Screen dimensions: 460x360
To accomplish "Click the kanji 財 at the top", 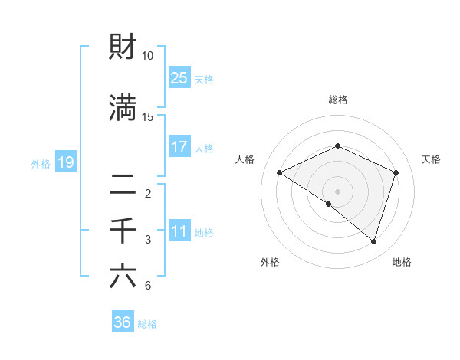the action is point(123,47).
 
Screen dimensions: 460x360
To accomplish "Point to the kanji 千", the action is point(123,230).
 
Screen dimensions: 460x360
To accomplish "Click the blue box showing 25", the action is point(179,77).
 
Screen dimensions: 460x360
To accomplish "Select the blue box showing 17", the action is point(179,147).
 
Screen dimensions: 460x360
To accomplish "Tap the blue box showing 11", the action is point(179,232).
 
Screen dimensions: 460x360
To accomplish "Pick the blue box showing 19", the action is point(65,162).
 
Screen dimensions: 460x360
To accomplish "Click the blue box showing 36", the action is point(123,322).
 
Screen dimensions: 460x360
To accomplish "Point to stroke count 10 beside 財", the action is point(148,57).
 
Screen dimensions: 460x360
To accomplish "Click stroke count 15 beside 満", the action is point(148,117).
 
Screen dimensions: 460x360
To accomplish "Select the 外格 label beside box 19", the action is point(41,163).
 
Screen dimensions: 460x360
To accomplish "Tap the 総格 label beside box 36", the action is point(147,324).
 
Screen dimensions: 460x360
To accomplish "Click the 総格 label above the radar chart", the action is point(337,100).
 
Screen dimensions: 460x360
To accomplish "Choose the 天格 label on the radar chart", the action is point(431,159).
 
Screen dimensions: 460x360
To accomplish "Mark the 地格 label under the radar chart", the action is point(402,262).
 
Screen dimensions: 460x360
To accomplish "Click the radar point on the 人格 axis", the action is point(280,173).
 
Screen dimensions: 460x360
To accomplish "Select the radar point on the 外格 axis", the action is point(329,204).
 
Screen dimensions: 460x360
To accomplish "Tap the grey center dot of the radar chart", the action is point(337,191).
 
